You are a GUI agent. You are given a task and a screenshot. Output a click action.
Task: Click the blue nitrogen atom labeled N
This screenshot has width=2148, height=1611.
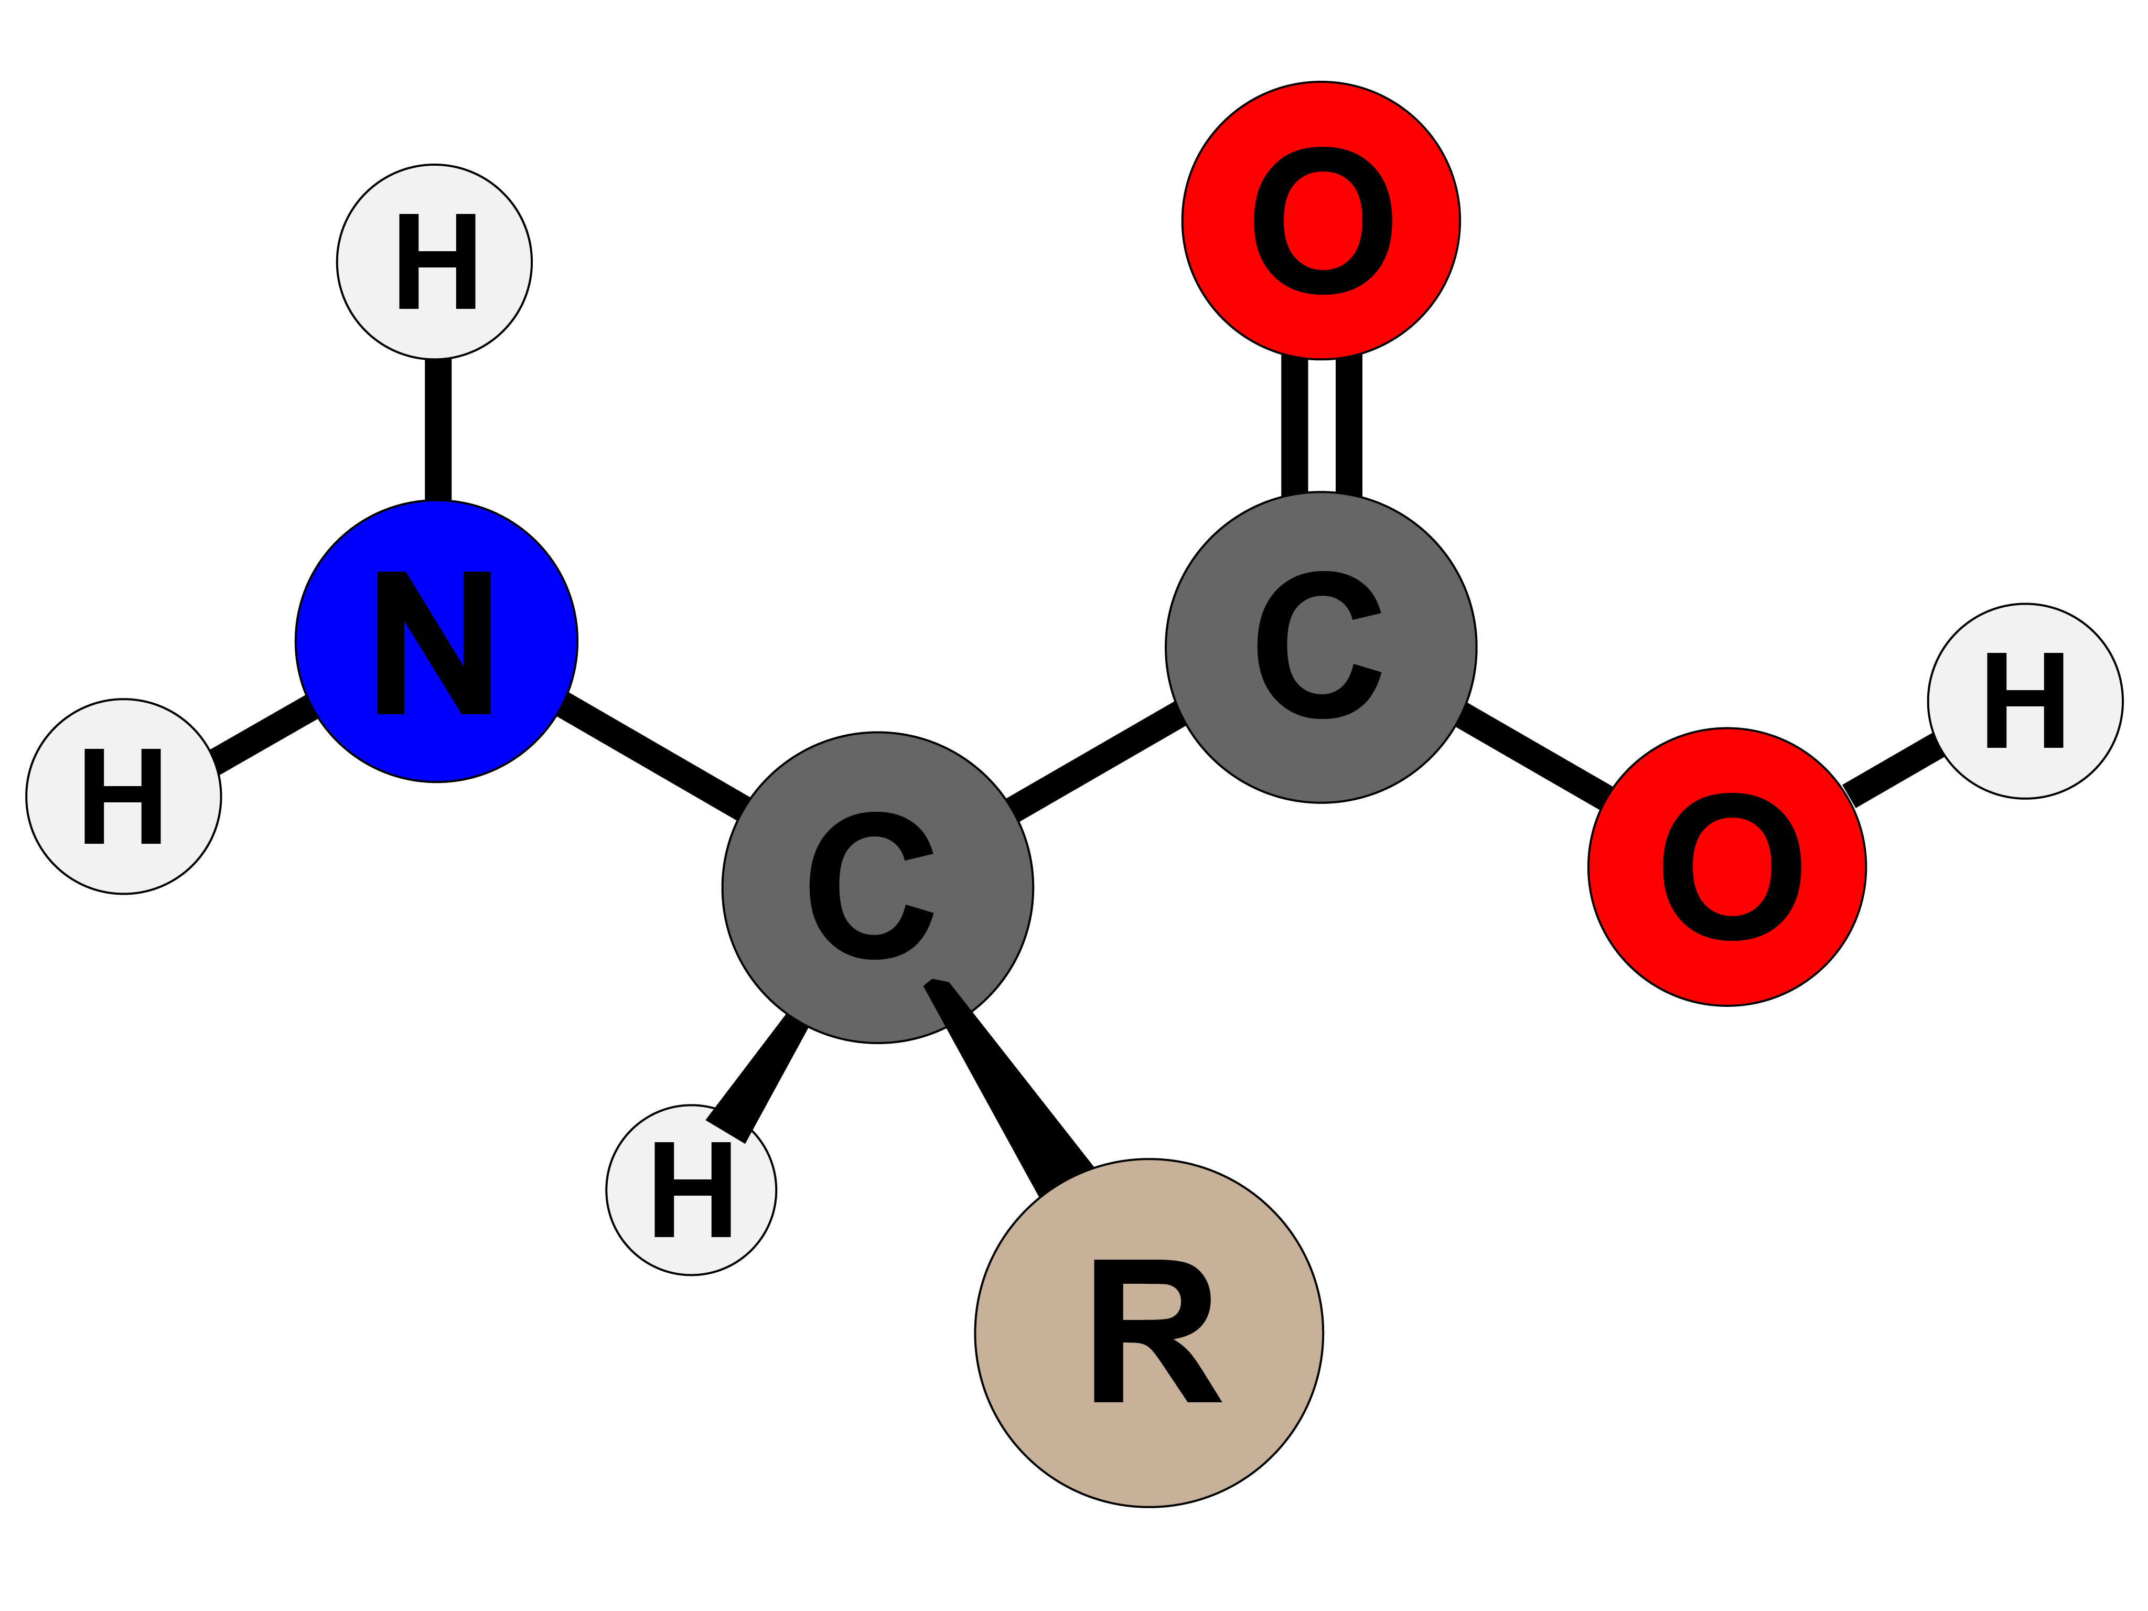pos(436,641)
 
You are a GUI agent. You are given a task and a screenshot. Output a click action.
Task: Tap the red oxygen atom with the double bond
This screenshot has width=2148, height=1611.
pos(1320,220)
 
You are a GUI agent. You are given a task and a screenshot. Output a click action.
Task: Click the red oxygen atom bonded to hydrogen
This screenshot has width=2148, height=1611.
pos(1726,866)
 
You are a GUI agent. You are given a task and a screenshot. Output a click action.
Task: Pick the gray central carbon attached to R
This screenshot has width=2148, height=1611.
pos(877,887)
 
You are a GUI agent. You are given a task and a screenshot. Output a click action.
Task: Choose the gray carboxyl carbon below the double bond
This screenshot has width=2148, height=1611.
pos(1320,647)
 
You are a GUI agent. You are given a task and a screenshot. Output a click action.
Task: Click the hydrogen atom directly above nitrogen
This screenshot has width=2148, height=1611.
pos(434,261)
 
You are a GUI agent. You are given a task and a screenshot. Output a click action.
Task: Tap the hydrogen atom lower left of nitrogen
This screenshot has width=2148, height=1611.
pos(123,796)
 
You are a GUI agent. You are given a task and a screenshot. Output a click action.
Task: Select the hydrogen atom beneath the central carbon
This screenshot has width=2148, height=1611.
pos(691,1189)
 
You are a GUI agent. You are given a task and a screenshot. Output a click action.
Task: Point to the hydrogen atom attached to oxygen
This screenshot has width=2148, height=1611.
pos(2025,701)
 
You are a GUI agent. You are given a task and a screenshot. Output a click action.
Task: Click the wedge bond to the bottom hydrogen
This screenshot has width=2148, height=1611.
pos(762,1073)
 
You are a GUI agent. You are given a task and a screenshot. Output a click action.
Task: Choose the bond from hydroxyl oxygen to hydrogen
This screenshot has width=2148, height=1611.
pos(1894,772)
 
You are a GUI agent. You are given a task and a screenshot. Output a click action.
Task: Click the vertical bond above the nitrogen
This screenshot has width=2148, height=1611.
pos(437,429)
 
